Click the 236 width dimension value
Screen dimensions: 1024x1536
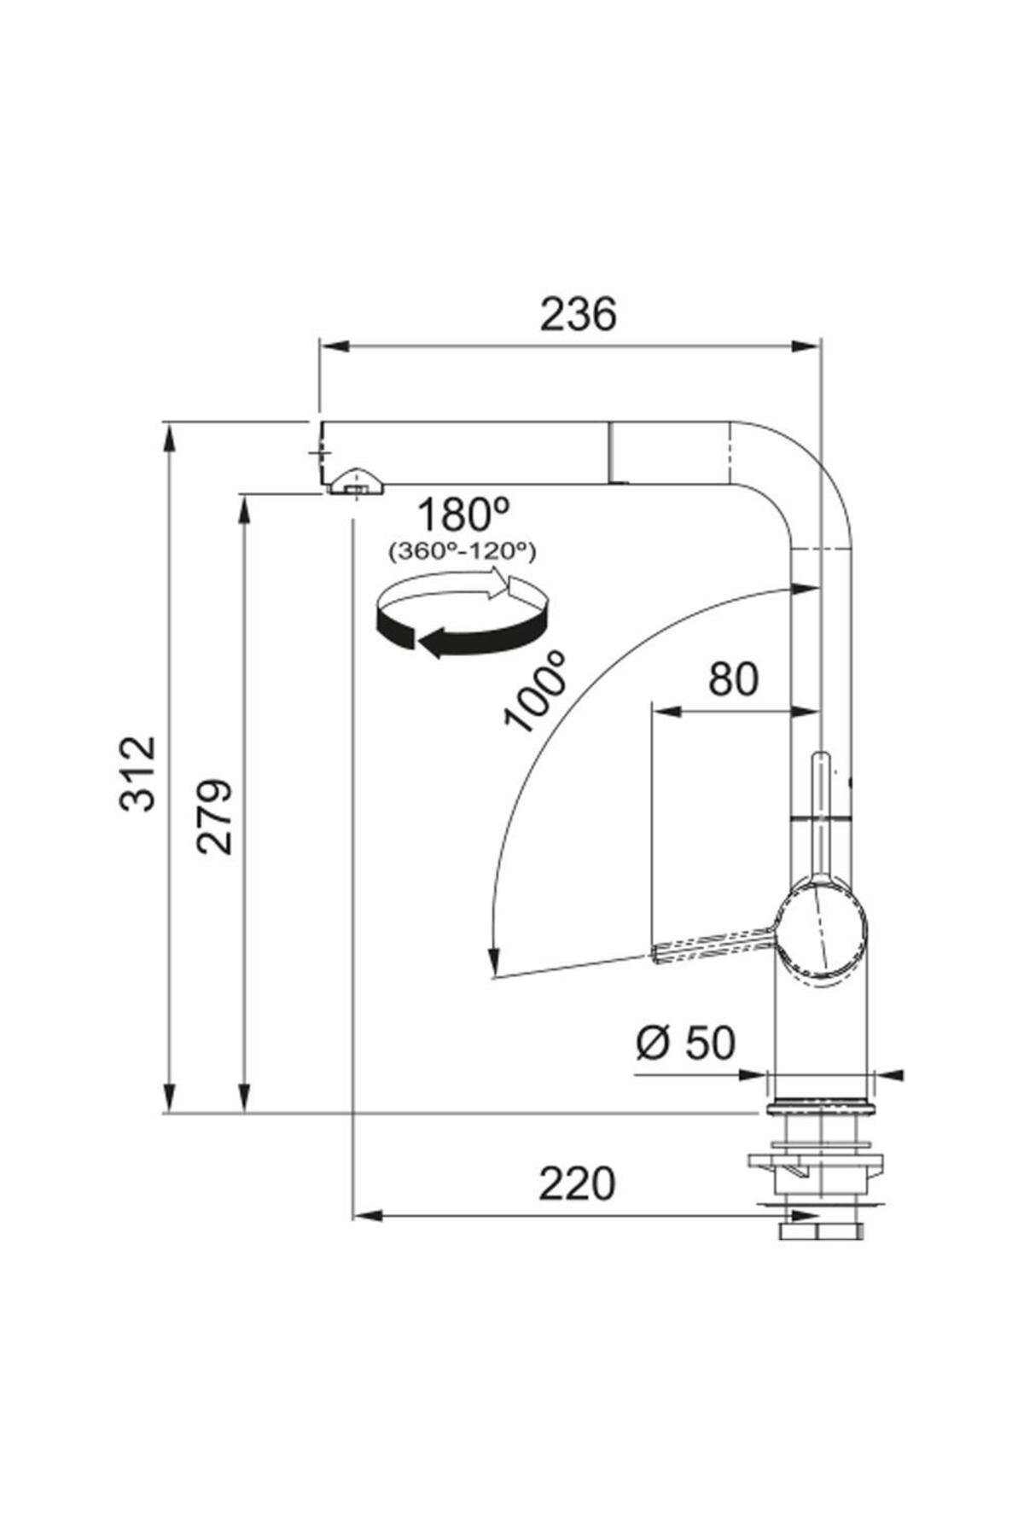[578, 315]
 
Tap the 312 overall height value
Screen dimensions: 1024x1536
[138, 772]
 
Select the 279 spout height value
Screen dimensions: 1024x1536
[213, 816]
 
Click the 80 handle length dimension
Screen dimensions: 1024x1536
[733, 680]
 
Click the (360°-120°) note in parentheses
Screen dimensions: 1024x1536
[462, 552]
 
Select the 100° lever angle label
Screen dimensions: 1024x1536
[535, 689]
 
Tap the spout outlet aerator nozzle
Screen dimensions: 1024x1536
[353, 483]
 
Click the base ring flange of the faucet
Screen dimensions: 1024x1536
[820, 1108]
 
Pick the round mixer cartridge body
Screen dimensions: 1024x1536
[820, 931]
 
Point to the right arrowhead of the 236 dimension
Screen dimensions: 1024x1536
[806, 346]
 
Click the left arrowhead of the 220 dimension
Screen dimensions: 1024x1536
[368, 1214]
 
